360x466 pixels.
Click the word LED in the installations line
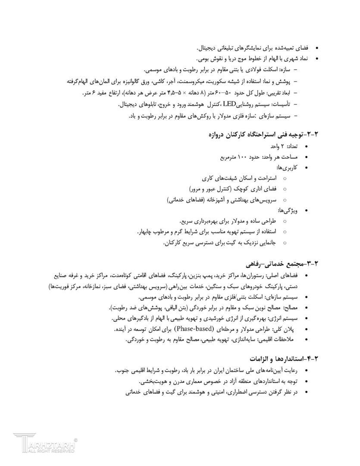pyautogui.click(x=229, y=104)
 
